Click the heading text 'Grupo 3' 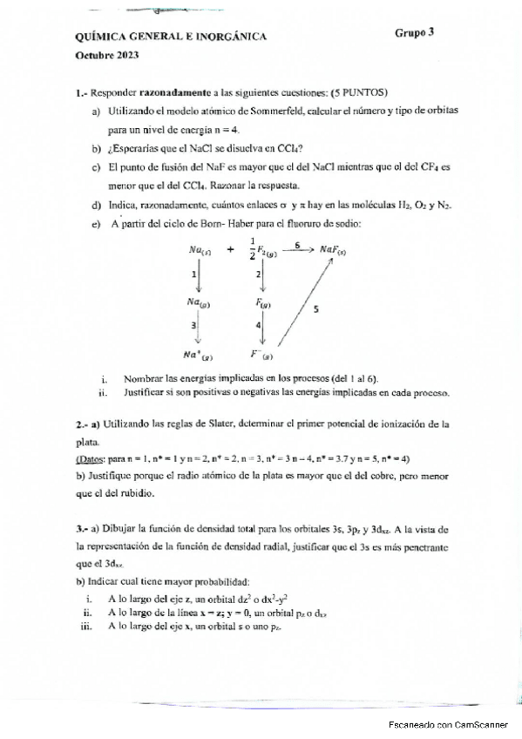pyautogui.click(x=414, y=32)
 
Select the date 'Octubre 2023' pyautogui.click(x=106, y=55)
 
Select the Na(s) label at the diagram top pyautogui.click(x=199, y=251)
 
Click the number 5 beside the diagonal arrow pyautogui.click(x=315, y=308)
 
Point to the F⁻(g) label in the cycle pyautogui.click(x=261, y=356)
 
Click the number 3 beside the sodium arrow pyautogui.click(x=193, y=325)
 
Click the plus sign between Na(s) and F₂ pyautogui.click(x=229, y=249)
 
